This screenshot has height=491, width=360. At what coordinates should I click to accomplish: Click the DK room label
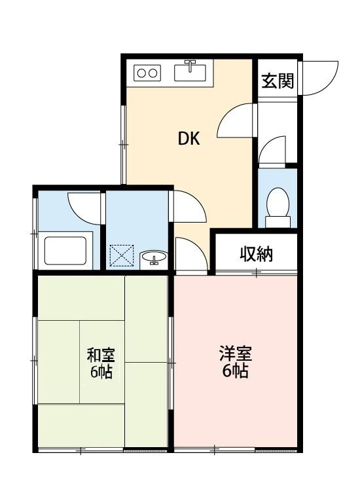pyautogui.click(x=189, y=139)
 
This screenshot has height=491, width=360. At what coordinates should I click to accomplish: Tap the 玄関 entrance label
pyautogui.click(x=278, y=82)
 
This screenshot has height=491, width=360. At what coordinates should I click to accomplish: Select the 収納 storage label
pyautogui.click(x=255, y=254)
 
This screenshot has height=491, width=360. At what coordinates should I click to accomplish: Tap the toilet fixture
pyautogui.click(x=278, y=204)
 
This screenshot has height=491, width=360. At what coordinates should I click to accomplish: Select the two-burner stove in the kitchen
pyautogui.click(x=148, y=73)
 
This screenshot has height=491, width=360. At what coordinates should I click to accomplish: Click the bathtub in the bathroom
pyautogui.click(x=65, y=249)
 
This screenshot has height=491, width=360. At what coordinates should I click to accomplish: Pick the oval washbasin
pyautogui.click(x=154, y=259)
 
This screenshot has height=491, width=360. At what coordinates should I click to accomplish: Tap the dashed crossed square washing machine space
pyautogui.click(x=121, y=256)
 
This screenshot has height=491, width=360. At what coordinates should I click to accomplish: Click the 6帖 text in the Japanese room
pyautogui.click(x=101, y=373)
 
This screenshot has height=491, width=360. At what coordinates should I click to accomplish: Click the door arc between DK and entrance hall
pyautogui.click(x=234, y=119)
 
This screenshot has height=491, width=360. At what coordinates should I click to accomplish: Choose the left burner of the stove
pyautogui.click(x=141, y=73)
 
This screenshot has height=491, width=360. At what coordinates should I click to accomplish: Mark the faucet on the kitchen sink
pyautogui.click(x=191, y=65)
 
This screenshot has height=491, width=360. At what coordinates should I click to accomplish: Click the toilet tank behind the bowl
pyautogui.click(x=278, y=222)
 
